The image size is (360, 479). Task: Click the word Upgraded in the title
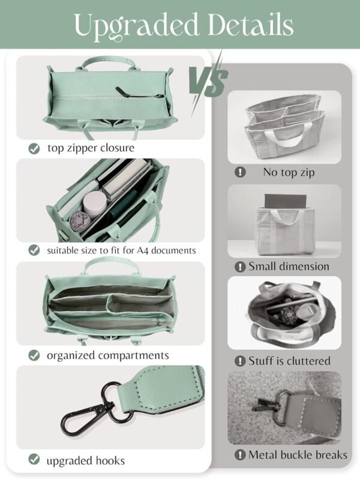[x=129, y=25]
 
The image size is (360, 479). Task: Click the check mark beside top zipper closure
[x=35, y=148]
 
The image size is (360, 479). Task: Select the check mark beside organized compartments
[x=35, y=355]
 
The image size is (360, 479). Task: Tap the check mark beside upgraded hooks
[x=35, y=460]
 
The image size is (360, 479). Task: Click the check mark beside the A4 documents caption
[x=35, y=250]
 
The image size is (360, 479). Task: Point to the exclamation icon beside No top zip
[x=240, y=172]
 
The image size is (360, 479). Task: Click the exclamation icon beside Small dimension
[x=240, y=267]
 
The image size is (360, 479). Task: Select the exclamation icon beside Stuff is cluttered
[x=240, y=361]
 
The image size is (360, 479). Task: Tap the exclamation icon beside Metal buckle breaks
[x=240, y=455]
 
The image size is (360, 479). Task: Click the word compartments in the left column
[x=133, y=355]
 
